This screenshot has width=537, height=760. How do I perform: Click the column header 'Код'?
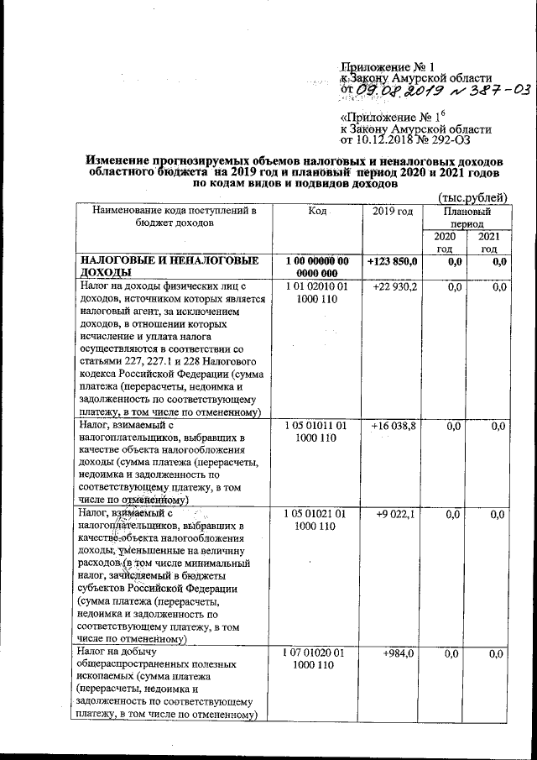pyautogui.click(x=316, y=210)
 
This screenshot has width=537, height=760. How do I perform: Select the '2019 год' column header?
pyautogui.click(x=393, y=210)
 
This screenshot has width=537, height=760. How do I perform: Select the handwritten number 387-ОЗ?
pyautogui.click(x=494, y=89)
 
